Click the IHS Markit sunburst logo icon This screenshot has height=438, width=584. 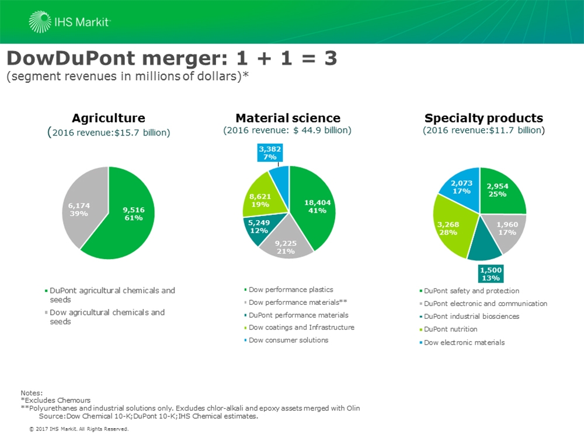[x=40, y=22]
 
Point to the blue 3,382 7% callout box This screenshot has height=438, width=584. [x=270, y=152]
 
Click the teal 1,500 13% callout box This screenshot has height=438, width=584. [x=491, y=274]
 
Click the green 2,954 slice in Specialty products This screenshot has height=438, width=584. [x=499, y=192]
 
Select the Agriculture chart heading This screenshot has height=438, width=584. [x=109, y=118]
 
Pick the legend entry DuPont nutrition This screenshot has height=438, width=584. [x=448, y=329]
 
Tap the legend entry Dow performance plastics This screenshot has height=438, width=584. [x=288, y=290]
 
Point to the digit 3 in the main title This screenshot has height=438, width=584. [x=331, y=58]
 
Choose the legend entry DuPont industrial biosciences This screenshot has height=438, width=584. [x=470, y=316]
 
